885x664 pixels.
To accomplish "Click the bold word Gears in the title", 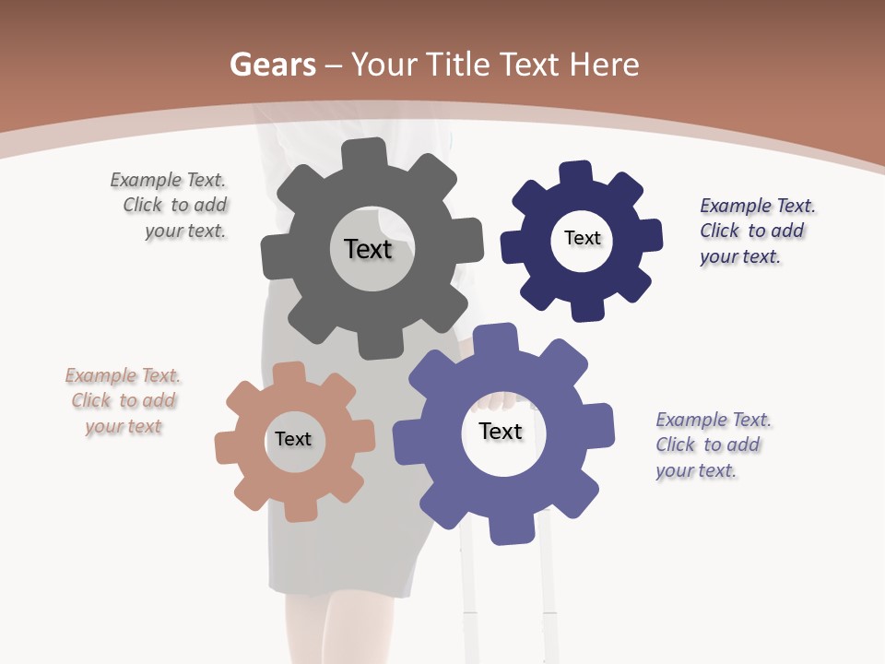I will (x=272, y=65).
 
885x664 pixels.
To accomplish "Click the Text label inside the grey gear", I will (x=368, y=249).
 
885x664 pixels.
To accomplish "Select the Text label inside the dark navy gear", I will (x=583, y=238).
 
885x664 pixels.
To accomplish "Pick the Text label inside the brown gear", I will (x=293, y=439).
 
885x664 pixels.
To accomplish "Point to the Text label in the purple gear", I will (x=501, y=431).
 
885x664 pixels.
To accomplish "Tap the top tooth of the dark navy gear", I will (x=576, y=173).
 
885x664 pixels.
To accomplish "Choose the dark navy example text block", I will (x=756, y=231).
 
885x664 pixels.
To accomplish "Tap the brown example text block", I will (x=123, y=401).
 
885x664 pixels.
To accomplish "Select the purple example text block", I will (x=713, y=445).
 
